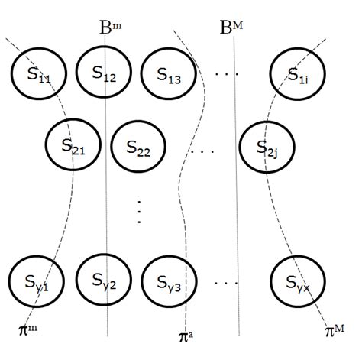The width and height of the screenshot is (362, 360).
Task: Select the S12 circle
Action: pyautogui.click(x=104, y=73)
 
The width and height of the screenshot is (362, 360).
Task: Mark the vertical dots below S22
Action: pyautogui.click(x=139, y=211)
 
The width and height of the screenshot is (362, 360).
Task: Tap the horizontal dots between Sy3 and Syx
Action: pyautogui.click(x=228, y=283)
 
